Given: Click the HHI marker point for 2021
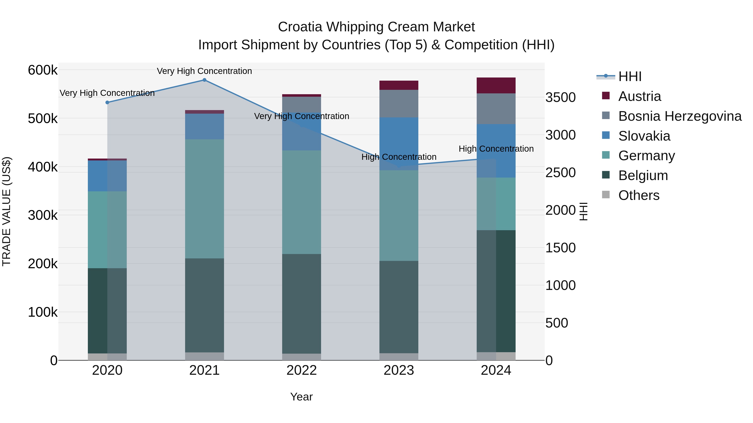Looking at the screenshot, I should [x=204, y=80].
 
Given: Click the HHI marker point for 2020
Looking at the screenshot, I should [x=107, y=103].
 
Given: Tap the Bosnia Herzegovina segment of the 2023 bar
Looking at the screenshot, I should [x=399, y=104].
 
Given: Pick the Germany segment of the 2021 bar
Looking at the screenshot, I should [x=204, y=198].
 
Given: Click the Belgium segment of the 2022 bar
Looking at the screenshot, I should [x=301, y=304].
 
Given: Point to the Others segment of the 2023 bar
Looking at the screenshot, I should [x=399, y=357].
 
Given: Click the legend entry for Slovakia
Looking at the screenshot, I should [x=644, y=136].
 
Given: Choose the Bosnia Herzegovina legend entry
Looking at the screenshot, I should [x=680, y=116].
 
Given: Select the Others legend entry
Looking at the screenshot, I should [x=639, y=195].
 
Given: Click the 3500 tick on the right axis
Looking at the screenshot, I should [x=560, y=98].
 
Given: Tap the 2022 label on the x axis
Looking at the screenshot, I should [x=301, y=370].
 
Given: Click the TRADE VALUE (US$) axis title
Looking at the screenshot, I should [x=6, y=211].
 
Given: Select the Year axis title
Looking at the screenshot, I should [x=301, y=397].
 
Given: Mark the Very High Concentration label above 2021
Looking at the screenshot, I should [x=204, y=71].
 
